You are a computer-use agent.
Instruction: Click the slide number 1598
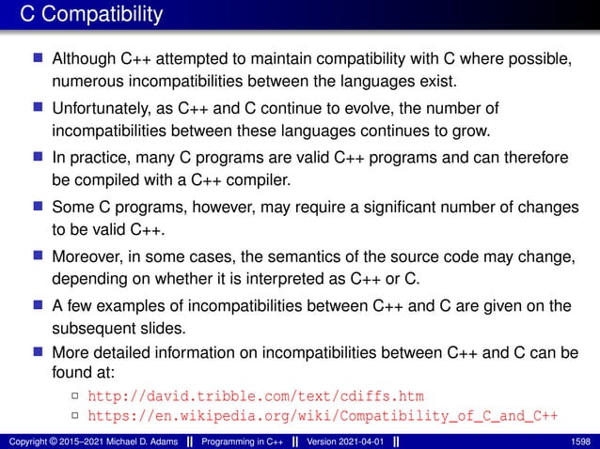(x=583, y=439)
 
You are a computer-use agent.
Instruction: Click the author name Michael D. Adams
(x=122, y=439)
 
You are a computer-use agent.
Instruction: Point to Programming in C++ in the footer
(x=235, y=439)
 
